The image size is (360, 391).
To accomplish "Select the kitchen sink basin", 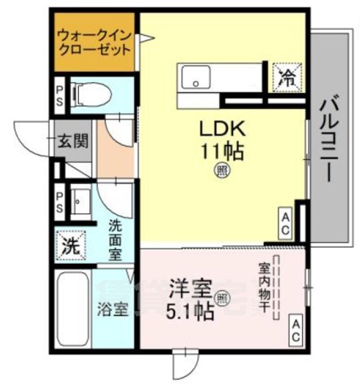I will click(196, 79).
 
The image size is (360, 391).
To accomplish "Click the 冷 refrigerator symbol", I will click(287, 78).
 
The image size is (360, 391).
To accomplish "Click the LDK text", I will click(221, 130).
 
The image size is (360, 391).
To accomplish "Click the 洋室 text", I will click(191, 289).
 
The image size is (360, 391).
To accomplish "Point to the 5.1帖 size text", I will click(192, 310).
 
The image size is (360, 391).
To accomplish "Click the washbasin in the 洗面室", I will click(81, 200).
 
